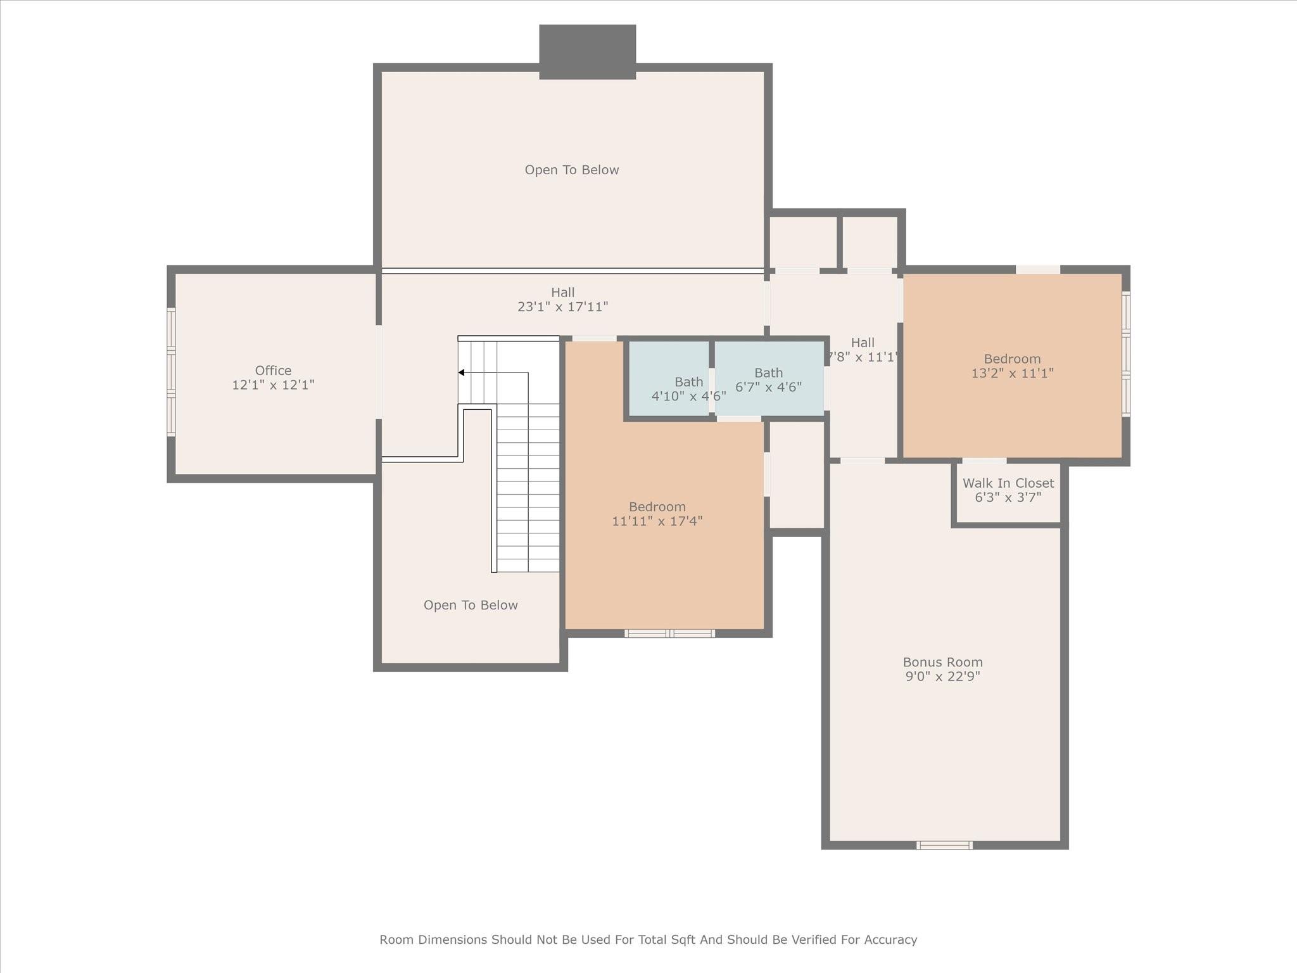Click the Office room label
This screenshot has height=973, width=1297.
click(x=273, y=371)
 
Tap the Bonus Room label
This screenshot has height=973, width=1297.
click(x=942, y=662)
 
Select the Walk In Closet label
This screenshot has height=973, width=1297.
click(x=1008, y=483)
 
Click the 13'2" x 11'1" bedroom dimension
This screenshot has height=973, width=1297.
click(x=1012, y=373)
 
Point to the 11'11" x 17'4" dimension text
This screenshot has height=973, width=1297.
click(x=657, y=521)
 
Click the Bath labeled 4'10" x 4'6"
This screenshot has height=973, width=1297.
click(x=688, y=382)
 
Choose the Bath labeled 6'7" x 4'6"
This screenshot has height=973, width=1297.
click(x=768, y=373)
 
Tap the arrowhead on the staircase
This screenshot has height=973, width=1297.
click(x=462, y=372)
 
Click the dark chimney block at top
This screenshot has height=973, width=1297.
click(x=587, y=52)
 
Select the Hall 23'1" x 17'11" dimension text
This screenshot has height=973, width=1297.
click(x=562, y=307)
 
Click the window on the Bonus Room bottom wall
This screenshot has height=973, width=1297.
click(x=944, y=845)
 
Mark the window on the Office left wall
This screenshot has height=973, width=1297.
click(x=171, y=372)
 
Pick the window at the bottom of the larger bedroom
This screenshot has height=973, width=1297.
click(x=670, y=633)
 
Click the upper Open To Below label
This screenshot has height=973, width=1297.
click(x=571, y=170)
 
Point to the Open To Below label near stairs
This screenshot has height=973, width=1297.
click(x=471, y=605)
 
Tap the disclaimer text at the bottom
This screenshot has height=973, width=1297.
click(x=648, y=939)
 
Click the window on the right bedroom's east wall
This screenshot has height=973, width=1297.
click(x=1126, y=353)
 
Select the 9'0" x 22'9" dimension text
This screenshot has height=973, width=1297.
click(x=942, y=676)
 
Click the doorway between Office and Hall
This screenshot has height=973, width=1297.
click(x=379, y=372)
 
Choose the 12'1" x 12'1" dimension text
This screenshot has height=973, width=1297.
click(x=273, y=385)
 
